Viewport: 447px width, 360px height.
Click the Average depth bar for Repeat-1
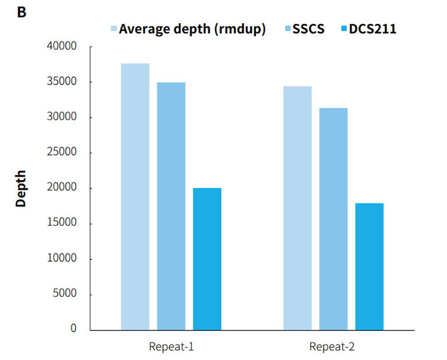click(135, 196)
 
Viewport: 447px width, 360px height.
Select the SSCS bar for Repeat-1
click(171, 206)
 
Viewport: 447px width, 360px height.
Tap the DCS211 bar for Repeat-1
click(207, 259)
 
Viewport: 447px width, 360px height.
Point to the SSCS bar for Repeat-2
click(333, 219)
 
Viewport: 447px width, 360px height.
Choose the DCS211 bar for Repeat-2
click(370, 266)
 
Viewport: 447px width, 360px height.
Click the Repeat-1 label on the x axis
click(170, 346)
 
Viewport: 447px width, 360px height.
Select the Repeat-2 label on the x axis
click(332, 346)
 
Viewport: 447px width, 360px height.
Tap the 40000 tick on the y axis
click(63, 46)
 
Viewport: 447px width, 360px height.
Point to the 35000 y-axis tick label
click(63, 82)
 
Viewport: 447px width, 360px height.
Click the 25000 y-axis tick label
click(63, 153)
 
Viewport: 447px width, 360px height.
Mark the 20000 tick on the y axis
click(63, 188)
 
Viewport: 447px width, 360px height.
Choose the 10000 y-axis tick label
click(63, 259)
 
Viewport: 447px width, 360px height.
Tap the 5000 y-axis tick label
click(65, 294)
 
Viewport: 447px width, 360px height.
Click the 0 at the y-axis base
click(73, 329)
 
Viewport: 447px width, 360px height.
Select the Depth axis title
click(21, 188)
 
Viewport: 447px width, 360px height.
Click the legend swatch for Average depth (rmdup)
click(114, 28)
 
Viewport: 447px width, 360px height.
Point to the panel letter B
click(21, 11)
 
